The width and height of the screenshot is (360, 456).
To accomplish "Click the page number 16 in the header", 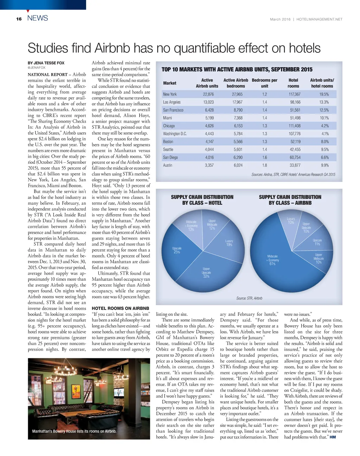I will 19,19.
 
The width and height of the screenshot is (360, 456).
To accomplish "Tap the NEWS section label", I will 38,18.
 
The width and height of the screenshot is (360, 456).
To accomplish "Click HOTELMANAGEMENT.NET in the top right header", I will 319,19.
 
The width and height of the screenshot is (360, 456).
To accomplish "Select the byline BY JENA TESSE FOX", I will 46,63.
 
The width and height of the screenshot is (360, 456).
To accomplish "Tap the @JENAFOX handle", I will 37,68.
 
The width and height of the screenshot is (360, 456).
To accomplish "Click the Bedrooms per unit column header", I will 264,83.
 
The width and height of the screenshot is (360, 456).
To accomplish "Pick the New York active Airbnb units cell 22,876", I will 208,94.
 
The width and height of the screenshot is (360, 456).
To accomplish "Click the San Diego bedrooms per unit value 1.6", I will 264,157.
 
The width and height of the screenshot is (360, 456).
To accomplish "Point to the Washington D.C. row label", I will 175,133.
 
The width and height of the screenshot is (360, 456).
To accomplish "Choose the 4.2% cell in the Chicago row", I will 324,126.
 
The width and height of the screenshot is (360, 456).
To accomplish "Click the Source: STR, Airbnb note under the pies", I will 249,298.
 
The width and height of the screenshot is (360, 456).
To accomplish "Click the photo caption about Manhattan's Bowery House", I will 74,431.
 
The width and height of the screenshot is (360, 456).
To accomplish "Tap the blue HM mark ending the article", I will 333,437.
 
